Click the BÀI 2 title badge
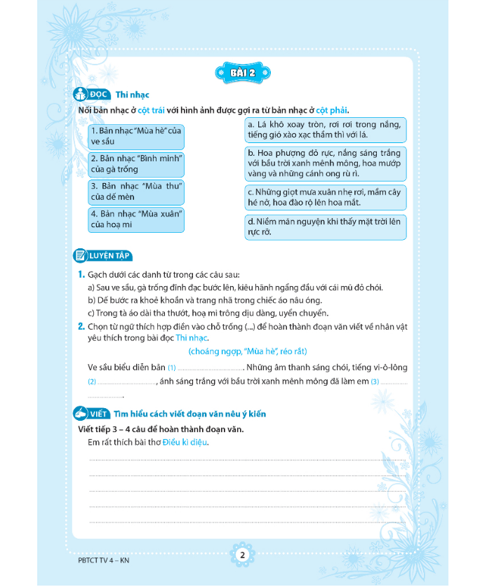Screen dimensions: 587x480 click(x=241, y=73)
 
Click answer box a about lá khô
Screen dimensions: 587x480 click(x=325, y=130)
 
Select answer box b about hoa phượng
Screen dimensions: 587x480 click(x=325, y=161)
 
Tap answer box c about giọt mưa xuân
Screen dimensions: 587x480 click(x=325, y=196)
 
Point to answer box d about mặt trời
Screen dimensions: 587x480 click(x=325, y=227)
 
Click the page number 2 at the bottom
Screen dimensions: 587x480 click(x=241, y=555)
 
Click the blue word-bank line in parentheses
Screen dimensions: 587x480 click(x=248, y=351)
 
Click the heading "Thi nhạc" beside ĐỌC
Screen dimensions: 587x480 click(x=132, y=95)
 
